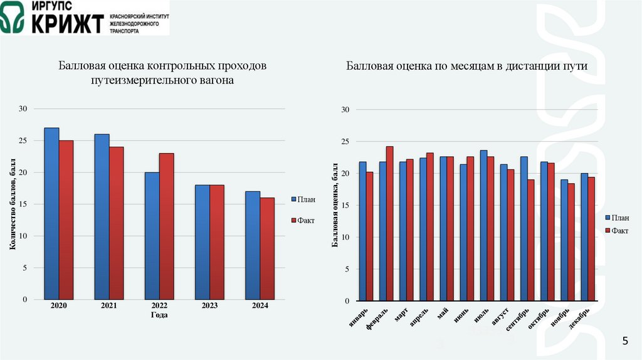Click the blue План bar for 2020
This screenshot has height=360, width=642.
click(51, 213)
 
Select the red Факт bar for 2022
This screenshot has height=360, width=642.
click(166, 226)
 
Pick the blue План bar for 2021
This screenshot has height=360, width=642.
click(102, 216)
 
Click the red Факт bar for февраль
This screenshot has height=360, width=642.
click(389, 223)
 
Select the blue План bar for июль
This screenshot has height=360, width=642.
click(483, 226)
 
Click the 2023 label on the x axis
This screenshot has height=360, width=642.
click(209, 306)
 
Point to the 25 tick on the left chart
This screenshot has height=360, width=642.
click(23, 140)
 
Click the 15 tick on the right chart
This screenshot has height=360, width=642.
click(344, 205)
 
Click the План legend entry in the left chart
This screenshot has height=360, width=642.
click(302, 199)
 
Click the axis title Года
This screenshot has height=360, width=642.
click(159, 315)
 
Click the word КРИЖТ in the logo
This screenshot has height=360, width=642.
click(68, 23)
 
